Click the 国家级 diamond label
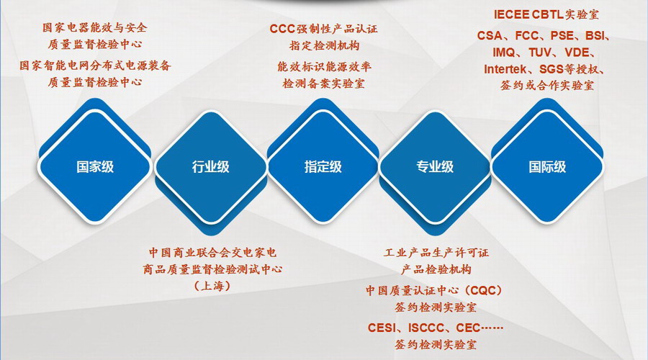coord(95,167)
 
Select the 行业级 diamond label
coord(210,167)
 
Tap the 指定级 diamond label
coord(323,167)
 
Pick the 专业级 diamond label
coord(435,167)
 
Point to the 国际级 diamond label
coord(547,167)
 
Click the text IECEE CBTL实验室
coord(546,15)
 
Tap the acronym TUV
coord(540,53)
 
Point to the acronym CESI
coord(382,328)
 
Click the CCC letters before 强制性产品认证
coord(282,29)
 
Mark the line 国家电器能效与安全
coord(94,27)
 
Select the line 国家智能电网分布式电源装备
coord(95,66)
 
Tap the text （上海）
coord(212,286)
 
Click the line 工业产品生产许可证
coord(436,253)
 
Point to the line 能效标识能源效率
coord(324,66)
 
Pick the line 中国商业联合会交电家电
coord(212,252)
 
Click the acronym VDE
coord(577,53)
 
